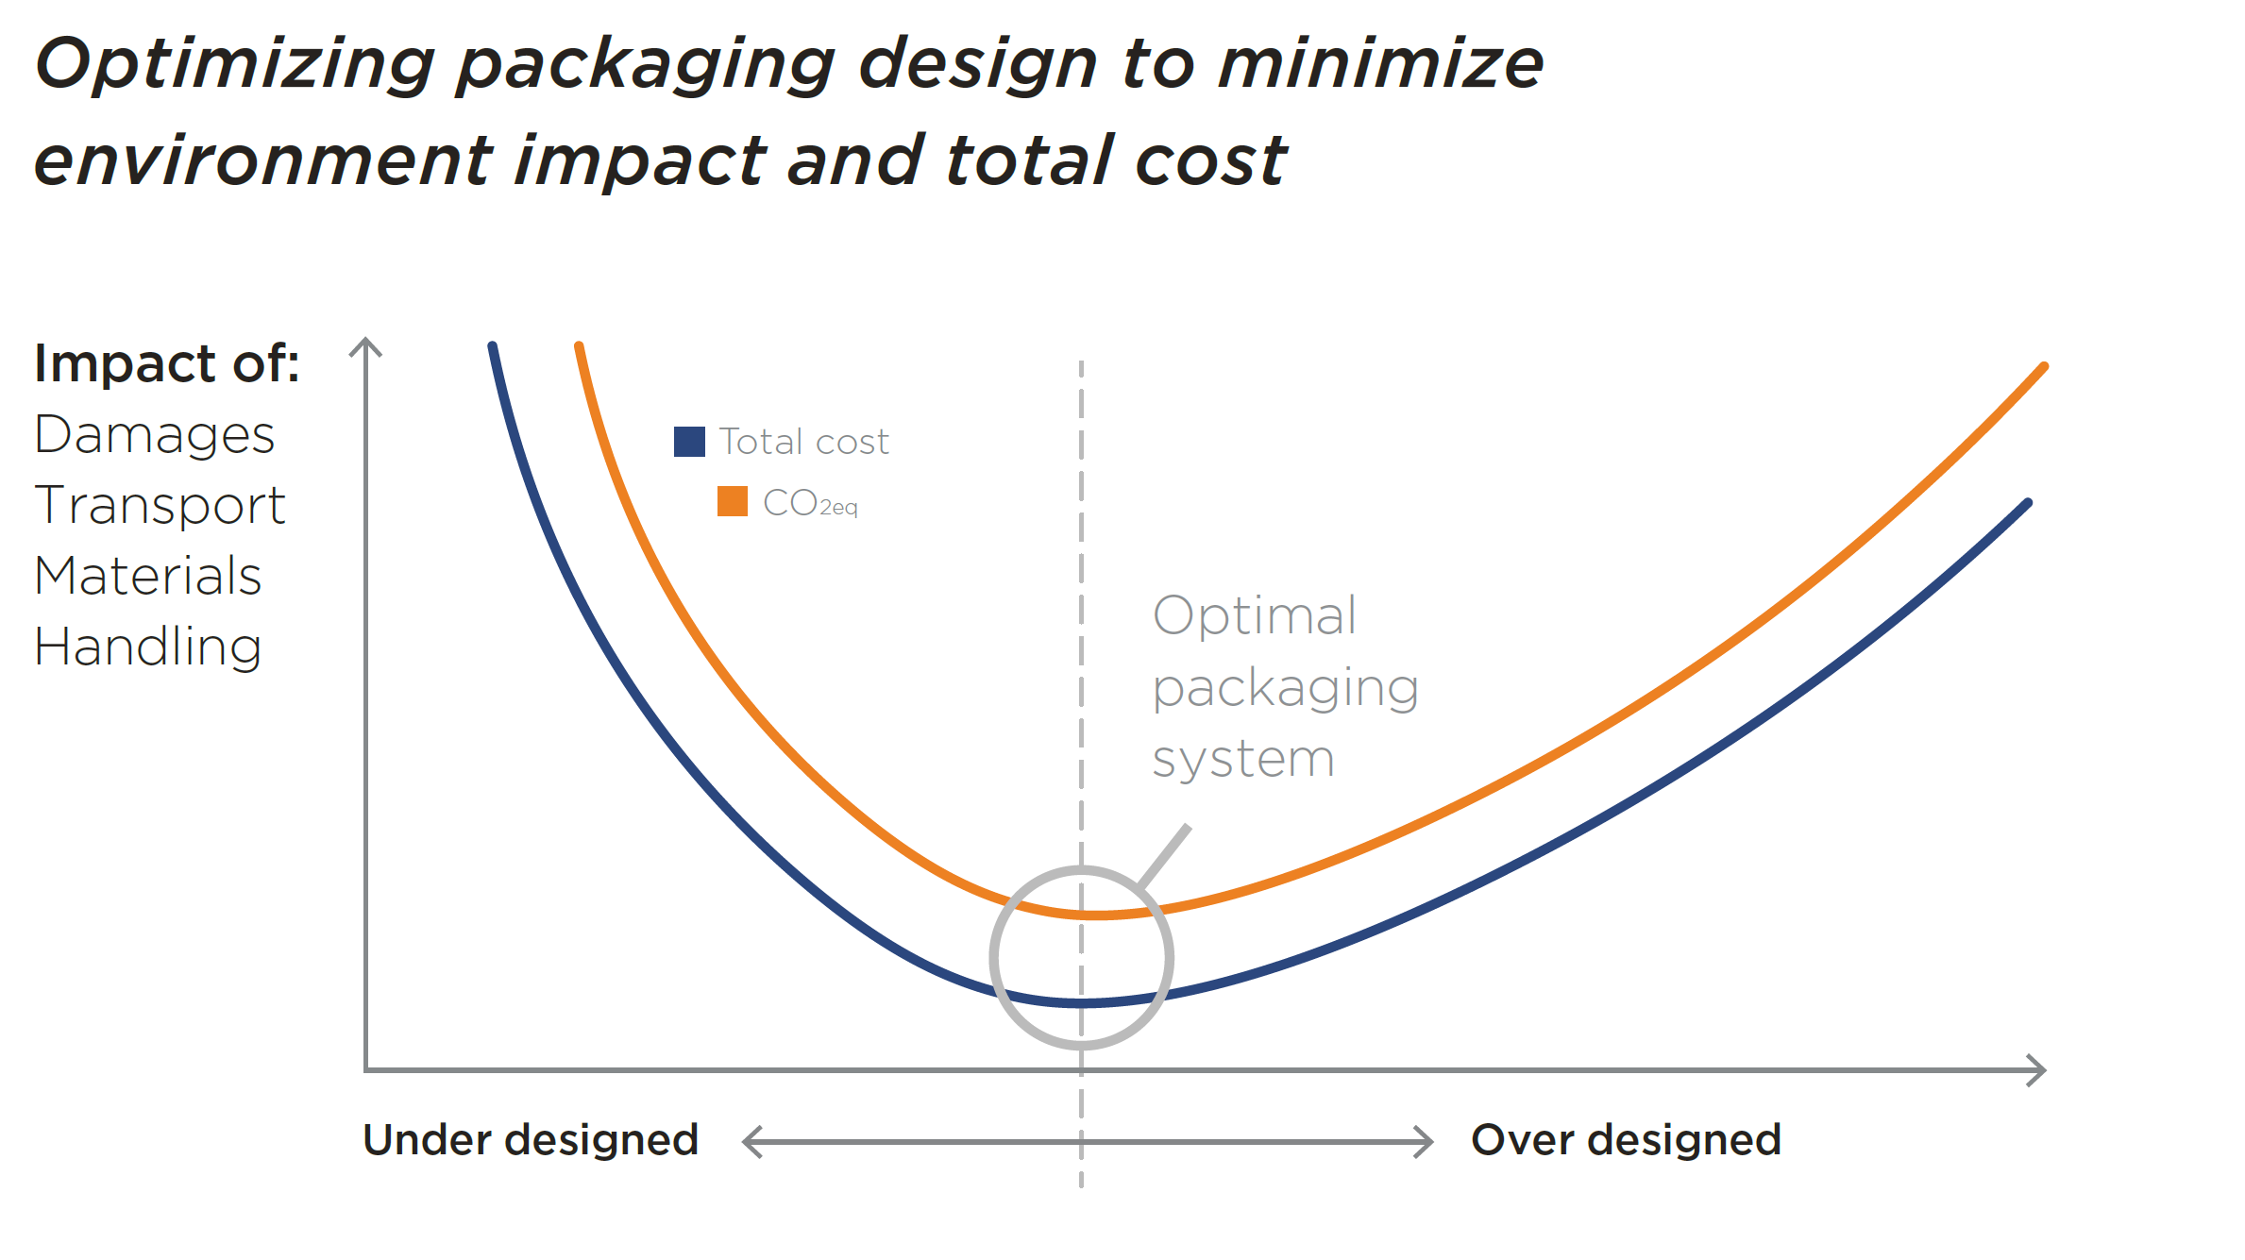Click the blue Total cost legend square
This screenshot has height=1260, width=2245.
click(689, 442)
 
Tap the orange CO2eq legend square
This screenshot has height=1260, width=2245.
click(732, 501)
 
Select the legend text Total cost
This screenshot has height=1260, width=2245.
click(803, 442)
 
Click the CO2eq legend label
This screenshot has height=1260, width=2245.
click(810, 503)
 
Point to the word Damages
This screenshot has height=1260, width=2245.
click(154, 435)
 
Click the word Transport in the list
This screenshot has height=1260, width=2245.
click(160, 506)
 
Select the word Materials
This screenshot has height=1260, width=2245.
click(148, 576)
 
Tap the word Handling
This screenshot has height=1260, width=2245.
click(148, 647)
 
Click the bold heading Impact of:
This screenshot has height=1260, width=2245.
click(167, 363)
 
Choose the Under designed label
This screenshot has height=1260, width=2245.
click(531, 1140)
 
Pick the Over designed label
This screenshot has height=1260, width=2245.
click(1626, 1140)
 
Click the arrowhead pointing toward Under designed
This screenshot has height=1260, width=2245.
click(751, 1141)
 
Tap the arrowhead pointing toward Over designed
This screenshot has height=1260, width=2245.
click(1424, 1141)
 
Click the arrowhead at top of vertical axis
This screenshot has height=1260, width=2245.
click(365, 346)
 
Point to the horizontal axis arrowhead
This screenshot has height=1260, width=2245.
click(2036, 1070)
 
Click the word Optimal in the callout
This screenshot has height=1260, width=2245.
click(1255, 616)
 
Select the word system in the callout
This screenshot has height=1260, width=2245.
click(1243, 759)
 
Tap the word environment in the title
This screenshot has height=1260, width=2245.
click(263, 160)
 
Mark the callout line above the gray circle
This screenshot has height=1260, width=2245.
click(1164, 856)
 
